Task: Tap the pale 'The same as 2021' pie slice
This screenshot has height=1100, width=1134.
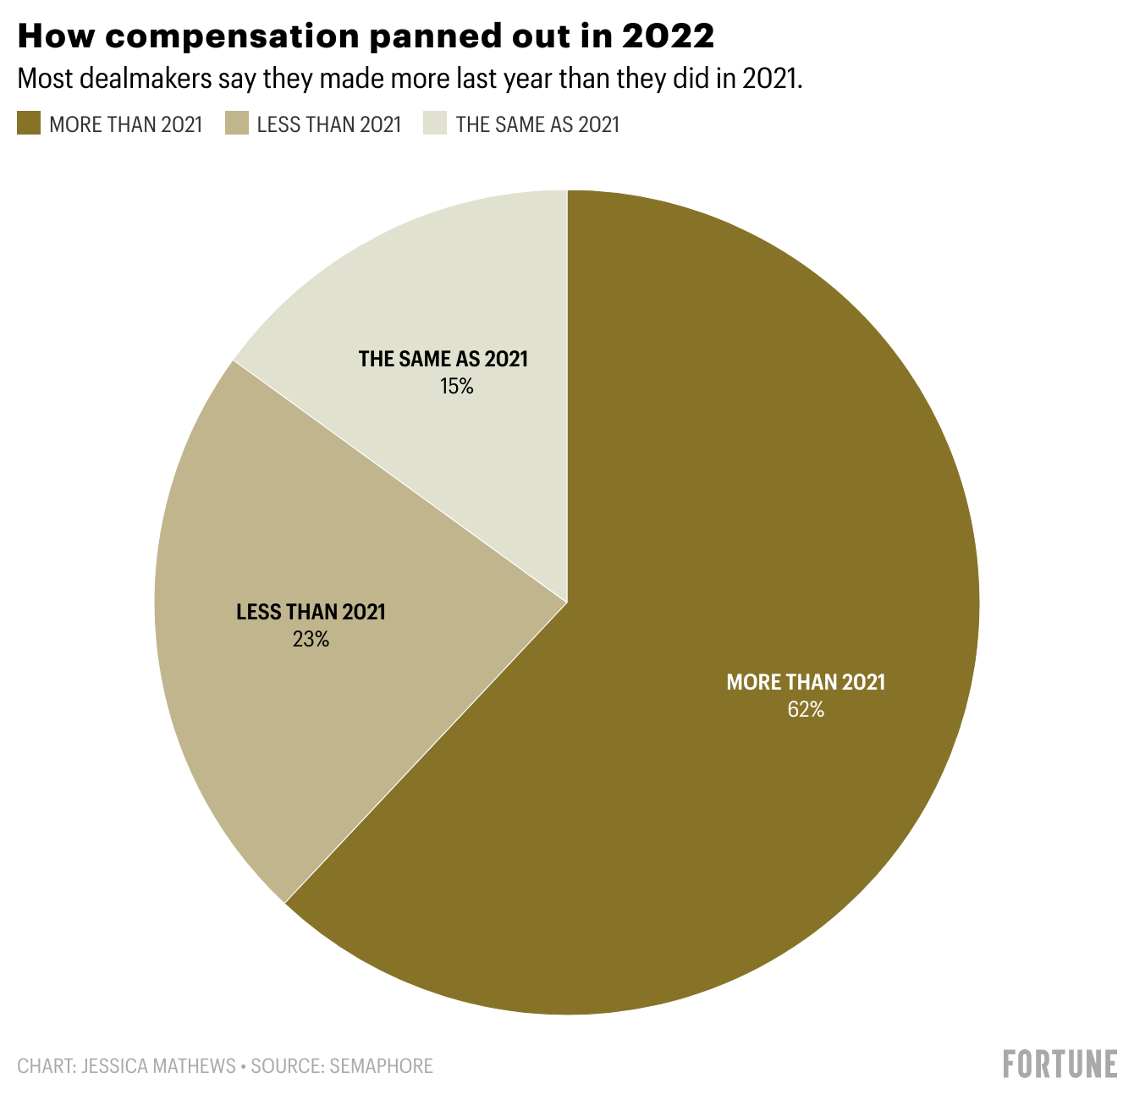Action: click(440, 288)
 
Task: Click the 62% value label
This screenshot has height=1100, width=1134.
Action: click(805, 709)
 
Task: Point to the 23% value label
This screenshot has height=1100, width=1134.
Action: click(311, 639)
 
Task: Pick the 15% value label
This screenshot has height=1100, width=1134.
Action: click(456, 387)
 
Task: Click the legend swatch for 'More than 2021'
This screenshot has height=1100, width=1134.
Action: click(29, 124)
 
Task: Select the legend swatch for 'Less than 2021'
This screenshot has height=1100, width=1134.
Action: click(236, 124)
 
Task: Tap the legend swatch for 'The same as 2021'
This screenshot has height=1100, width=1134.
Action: click(435, 124)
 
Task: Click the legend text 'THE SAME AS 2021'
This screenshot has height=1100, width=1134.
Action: click(537, 125)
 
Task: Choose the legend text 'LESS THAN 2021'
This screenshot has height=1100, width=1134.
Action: click(329, 125)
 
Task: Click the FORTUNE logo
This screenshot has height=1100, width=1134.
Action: click(1060, 1064)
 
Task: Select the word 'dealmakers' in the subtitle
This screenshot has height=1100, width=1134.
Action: click(140, 79)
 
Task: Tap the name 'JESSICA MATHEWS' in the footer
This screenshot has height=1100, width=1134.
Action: click(158, 1065)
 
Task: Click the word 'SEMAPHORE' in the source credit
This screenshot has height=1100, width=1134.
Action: click(381, 1065)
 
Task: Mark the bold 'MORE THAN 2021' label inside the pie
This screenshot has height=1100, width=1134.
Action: click(805, 682)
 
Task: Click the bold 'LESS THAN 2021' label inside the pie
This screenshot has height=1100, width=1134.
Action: click(311, 612)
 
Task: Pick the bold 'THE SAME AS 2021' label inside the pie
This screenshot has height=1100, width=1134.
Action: click(443, 359)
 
